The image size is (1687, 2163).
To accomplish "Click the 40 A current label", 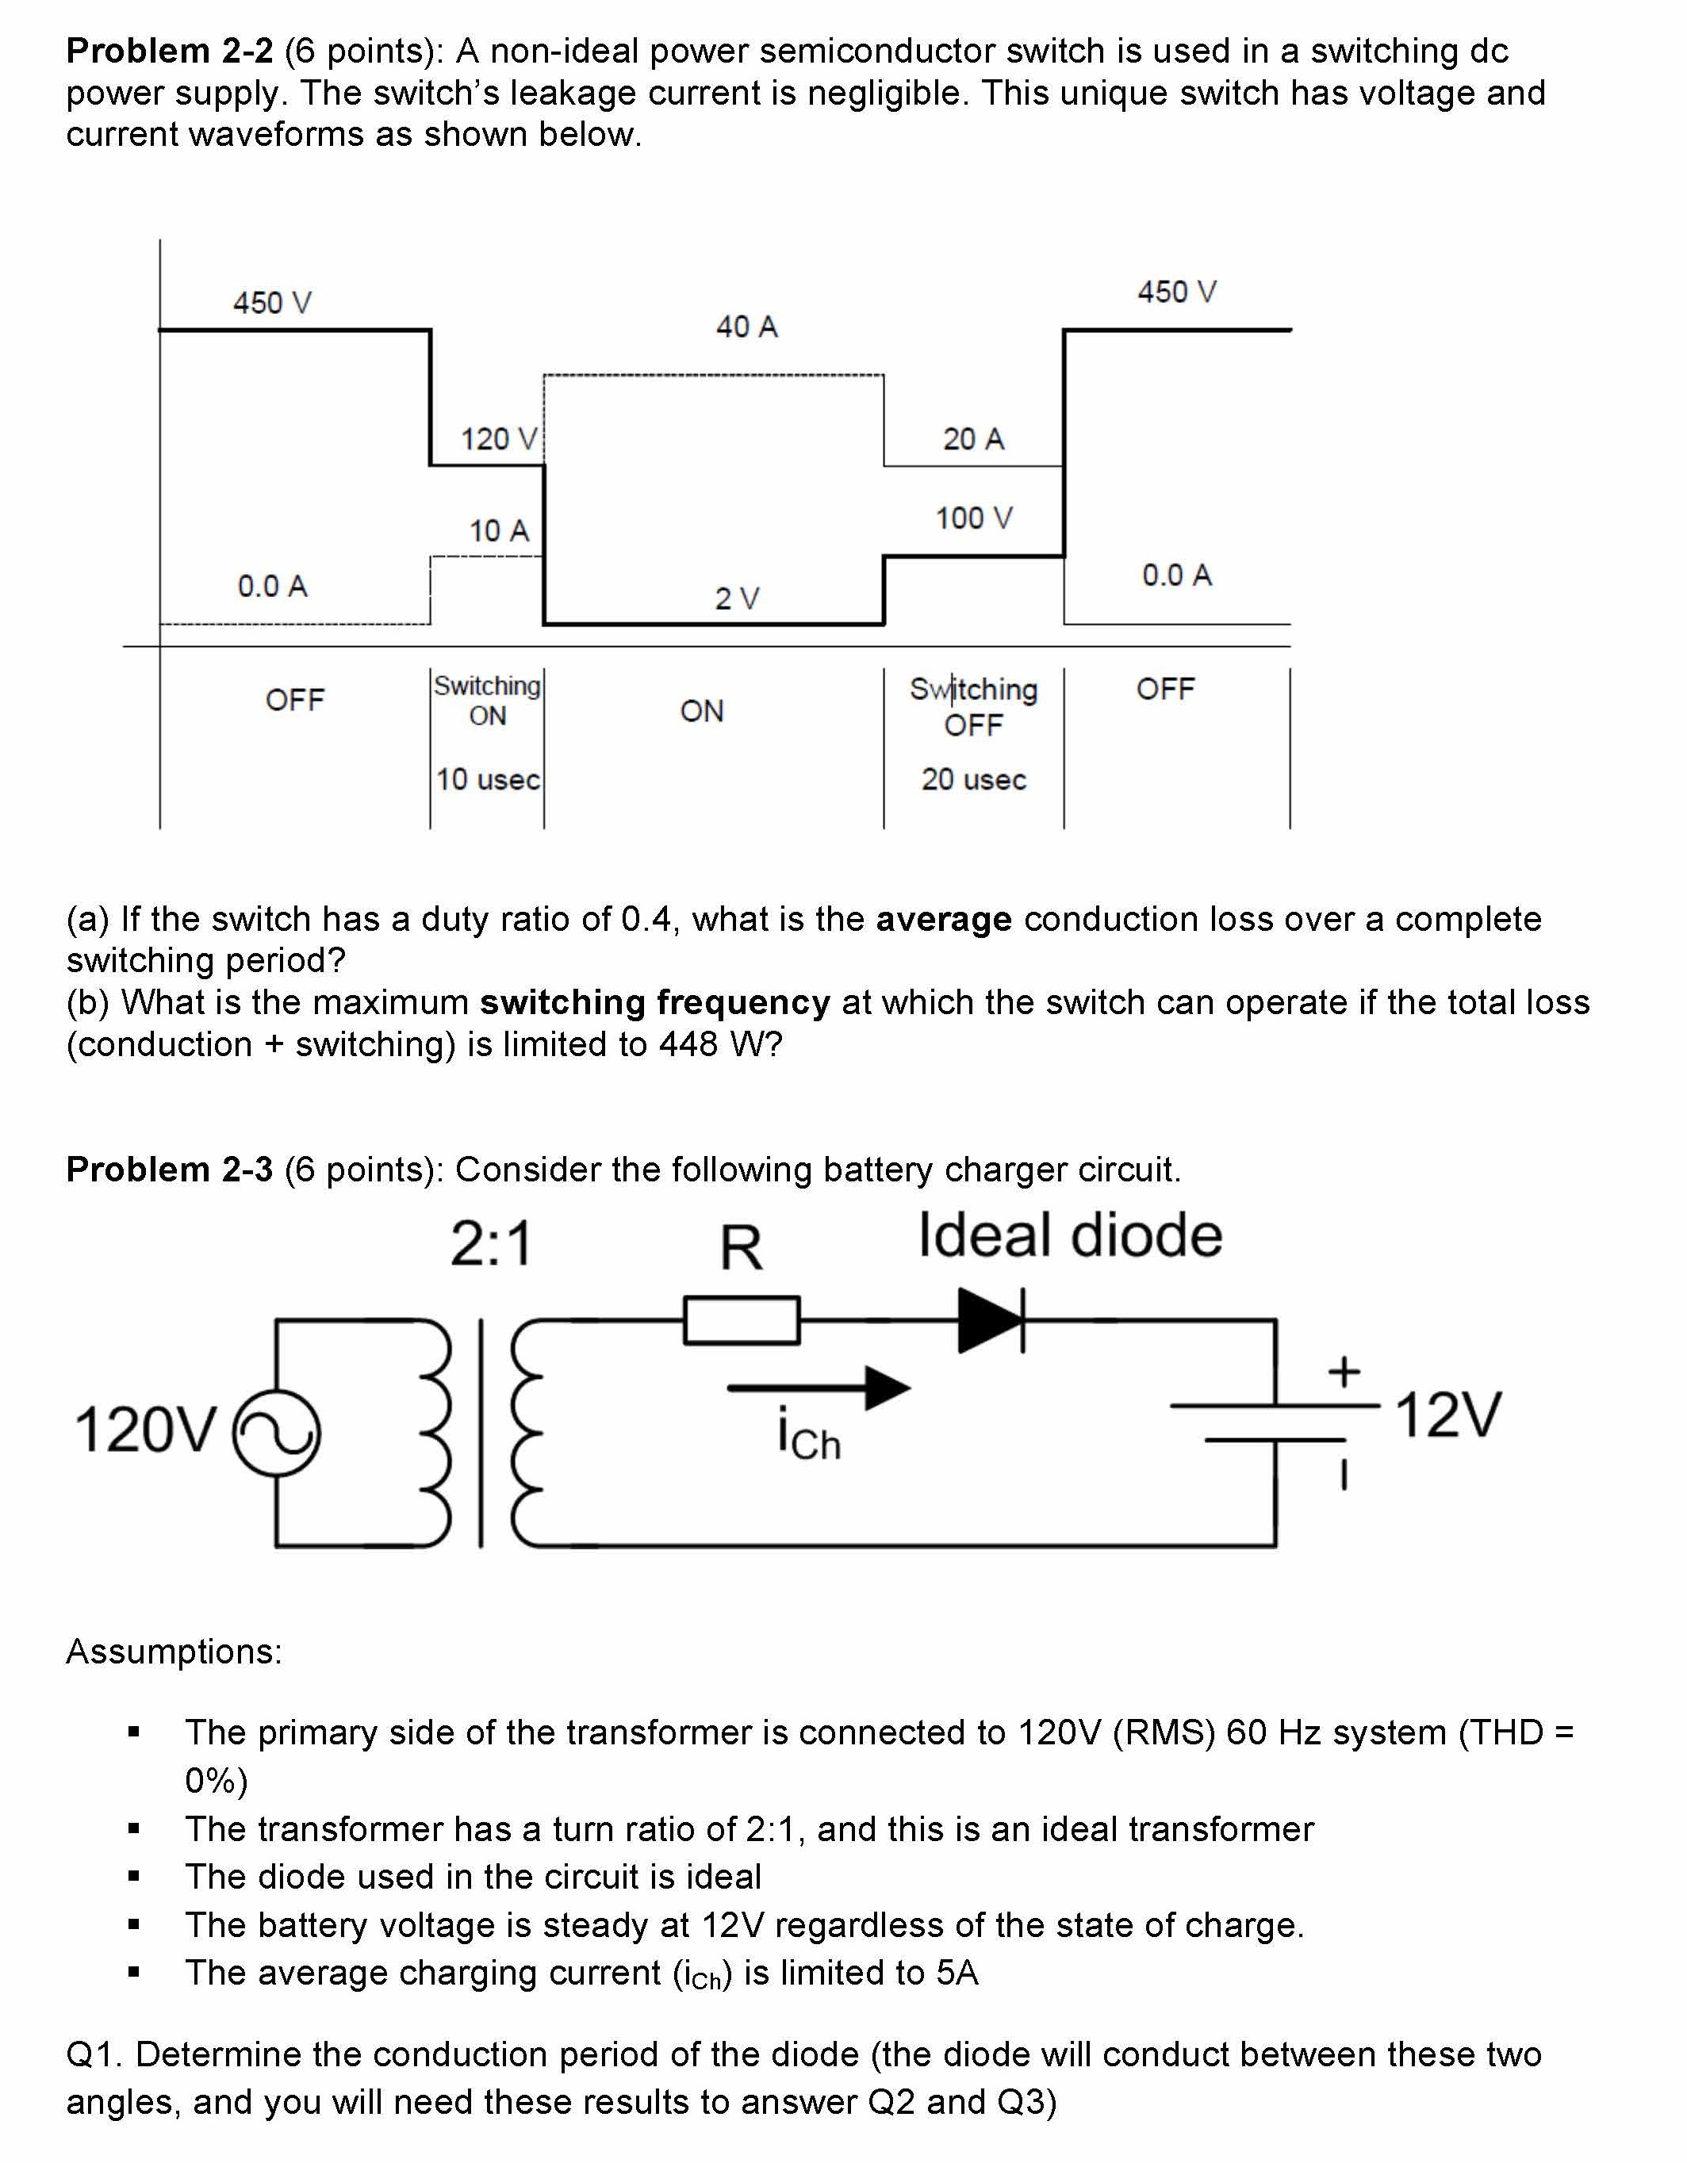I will (747, 327).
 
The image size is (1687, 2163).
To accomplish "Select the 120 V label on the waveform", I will (498, 438).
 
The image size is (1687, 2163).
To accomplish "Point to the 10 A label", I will (498, 531).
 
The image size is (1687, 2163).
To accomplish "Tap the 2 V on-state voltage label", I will (737, 598).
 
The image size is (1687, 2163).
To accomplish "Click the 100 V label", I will (974, 518).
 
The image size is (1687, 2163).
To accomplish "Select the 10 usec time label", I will (487, 779).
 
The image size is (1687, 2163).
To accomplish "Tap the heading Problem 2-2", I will (170, 51).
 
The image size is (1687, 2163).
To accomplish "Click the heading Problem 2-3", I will (170, 1170).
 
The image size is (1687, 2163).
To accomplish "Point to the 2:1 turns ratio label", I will (491, 1244).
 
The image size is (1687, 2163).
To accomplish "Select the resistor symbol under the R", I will (741, 1320).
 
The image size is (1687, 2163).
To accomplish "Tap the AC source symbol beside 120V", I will (276, 1433).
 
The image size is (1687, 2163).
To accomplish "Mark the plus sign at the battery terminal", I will (1344, 1372).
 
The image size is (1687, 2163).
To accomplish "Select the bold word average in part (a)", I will (943, 919).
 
